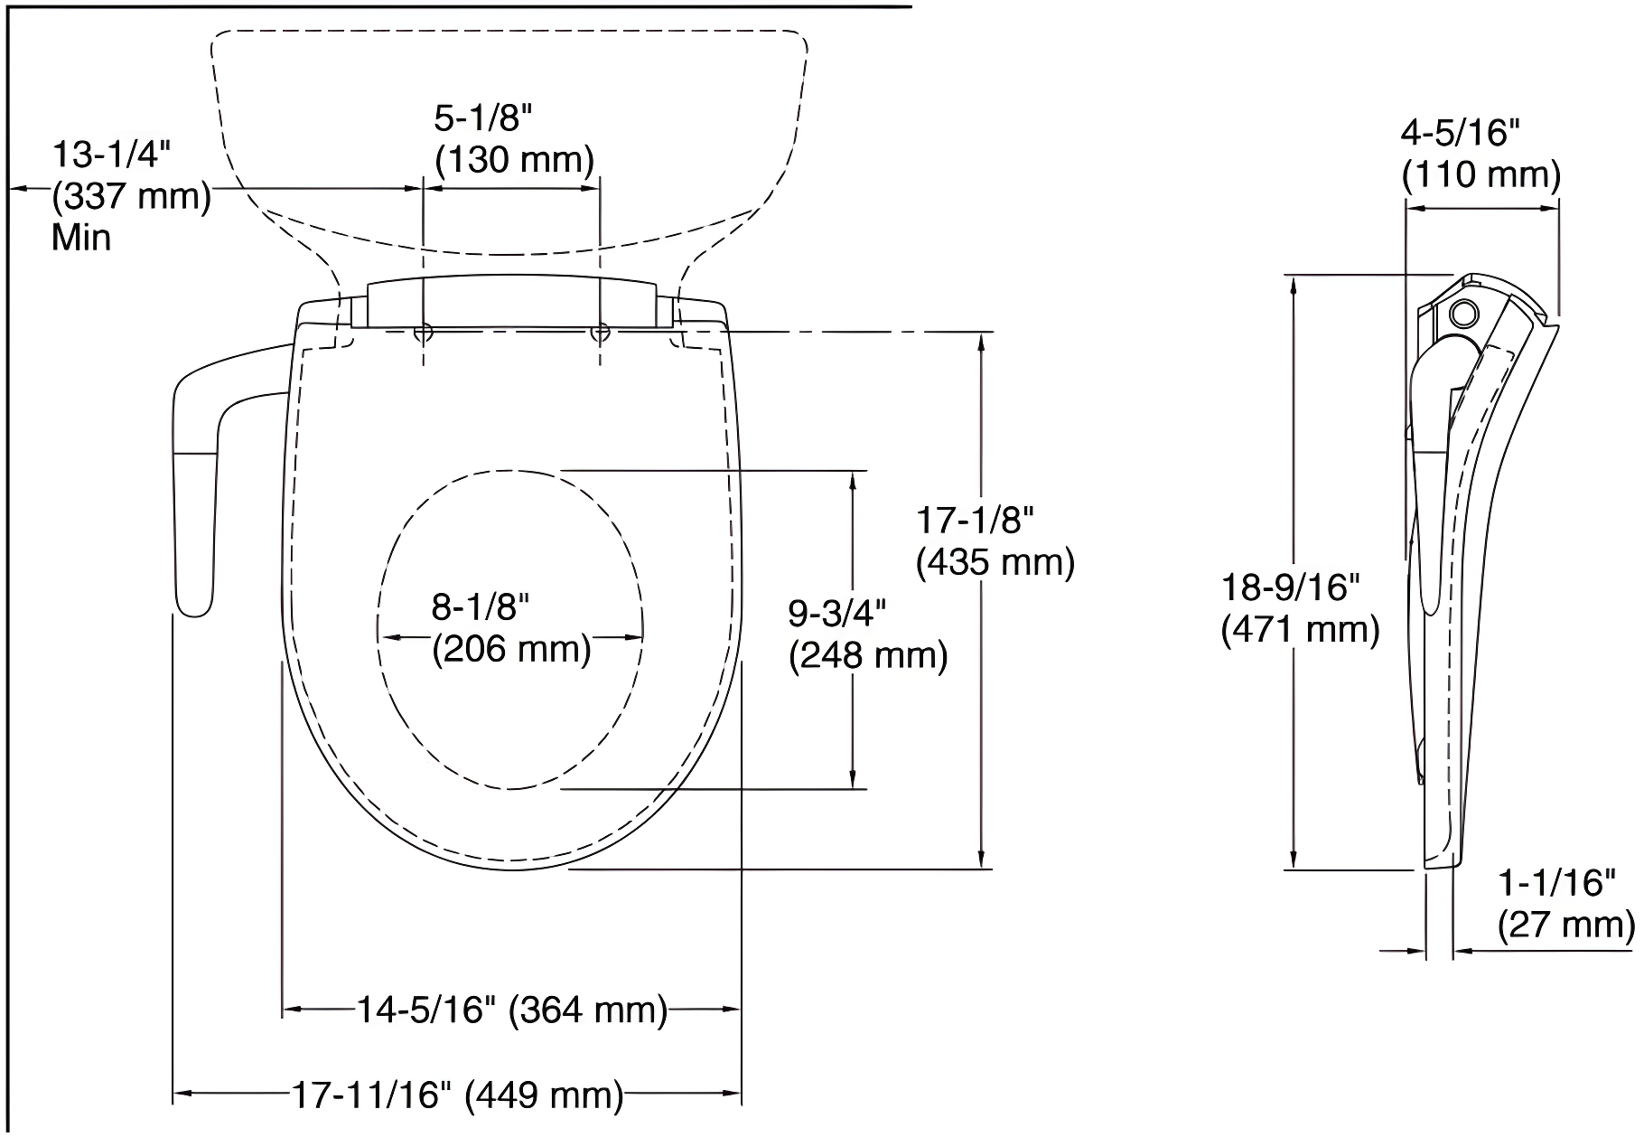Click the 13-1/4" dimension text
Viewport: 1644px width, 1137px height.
point(110,155)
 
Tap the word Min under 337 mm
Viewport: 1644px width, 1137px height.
point(81,238)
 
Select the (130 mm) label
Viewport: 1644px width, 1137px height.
point(515,160)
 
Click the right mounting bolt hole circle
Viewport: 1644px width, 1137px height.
point(600,333)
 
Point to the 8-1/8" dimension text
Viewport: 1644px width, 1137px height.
point(480,607)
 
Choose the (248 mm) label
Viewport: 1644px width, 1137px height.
point(868,655)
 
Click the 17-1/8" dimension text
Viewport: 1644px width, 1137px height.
point(975,521)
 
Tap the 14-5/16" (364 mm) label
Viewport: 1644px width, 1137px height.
point(511,1010)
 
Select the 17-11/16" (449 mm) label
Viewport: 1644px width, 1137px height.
point(457,1095)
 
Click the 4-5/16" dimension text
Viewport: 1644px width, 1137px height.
point(1461,134)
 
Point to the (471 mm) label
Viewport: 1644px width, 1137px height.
point(1300,629)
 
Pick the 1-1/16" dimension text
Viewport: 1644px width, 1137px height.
point(1557,882)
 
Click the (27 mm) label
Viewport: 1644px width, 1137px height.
point(1566,926)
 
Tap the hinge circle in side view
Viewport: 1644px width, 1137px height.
point(1462,314)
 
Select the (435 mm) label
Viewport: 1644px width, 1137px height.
point(995,562)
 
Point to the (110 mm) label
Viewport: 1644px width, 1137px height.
point(1481,174)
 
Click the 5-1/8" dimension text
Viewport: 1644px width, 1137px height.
point(483,118)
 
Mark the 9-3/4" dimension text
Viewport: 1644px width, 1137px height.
point(837,614)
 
